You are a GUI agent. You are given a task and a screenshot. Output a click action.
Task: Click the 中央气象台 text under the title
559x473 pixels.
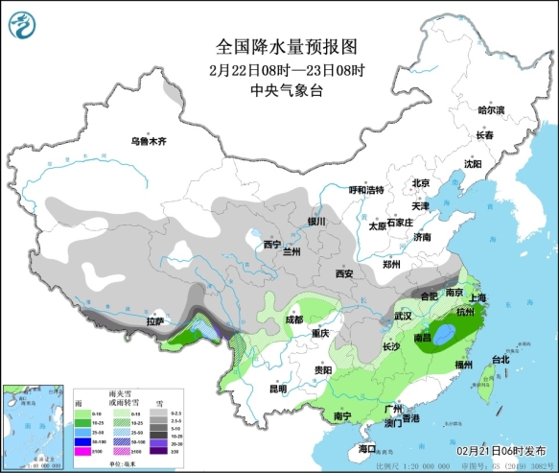point(279,89)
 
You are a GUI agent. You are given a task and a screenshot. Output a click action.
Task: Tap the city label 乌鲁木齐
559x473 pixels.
point(149,141)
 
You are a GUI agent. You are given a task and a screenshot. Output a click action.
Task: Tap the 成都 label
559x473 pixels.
point(293,319)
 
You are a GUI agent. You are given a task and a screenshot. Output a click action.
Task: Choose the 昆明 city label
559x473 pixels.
point(277,389)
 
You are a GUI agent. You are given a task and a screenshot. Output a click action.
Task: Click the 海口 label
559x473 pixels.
point(367,448)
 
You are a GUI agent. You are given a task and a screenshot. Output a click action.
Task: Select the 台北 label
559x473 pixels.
point(500,360)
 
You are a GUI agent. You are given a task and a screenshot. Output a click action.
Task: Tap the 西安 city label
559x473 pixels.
point(344,274)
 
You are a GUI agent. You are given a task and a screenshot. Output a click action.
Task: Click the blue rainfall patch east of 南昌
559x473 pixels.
point(445,335)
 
